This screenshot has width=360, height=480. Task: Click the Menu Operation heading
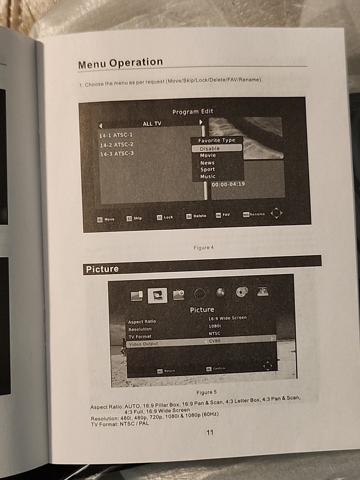[x=120, y=63]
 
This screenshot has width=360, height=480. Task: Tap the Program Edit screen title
[x=192, y=111]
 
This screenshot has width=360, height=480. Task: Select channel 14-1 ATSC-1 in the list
[x=116, y=136]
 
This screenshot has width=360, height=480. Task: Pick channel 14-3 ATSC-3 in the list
[x=116, y=154]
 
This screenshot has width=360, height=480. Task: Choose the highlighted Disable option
[x=210, y=149]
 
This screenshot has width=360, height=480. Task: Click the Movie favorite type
[x=208, y=156]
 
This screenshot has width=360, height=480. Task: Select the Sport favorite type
[x=207, y=169]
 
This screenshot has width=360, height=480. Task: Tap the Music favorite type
[x=208, y=177]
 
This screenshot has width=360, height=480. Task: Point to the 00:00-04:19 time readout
[x=228, y=184]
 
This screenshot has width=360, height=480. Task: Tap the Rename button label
[x=257, y=214]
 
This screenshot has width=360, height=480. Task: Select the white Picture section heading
[x=102, y=269]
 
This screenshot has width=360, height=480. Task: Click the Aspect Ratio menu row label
[x=142, y=322]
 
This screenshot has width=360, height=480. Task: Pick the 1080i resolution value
[x=215, y=326]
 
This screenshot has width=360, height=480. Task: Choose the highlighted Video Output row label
[x=143, y=344]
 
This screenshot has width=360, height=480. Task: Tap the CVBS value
[x=215, y=340]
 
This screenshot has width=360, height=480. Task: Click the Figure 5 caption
[x=206, y=392]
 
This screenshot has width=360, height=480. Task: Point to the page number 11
[x=210, y=432]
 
